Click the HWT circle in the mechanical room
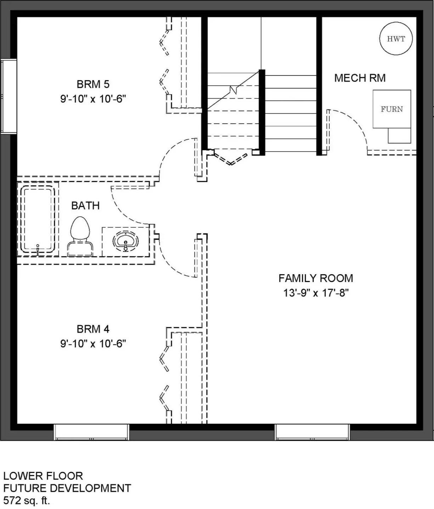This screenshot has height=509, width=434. pyautogui.click(x=396, y=39)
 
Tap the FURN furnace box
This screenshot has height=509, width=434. pyautogui.click(x=391, y=109)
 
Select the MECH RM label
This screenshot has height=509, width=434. pyautogui.click(x=360, y=78)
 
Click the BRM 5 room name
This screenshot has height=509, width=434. pyautogui.click(x=93, y=84)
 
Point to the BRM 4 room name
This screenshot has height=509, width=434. pyautogui.click(x=93, y=329)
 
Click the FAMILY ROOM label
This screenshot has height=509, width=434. pyautogui.click(x=316, y=278)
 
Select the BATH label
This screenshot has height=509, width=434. pyautogui.click(x=85, y=206)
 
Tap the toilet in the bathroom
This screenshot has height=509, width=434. pyautogui.click(x=80, y=236)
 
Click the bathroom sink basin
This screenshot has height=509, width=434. pyautogui.click(x=126, y=241)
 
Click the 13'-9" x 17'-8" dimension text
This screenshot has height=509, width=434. pyautogui.click(x=316, y=293)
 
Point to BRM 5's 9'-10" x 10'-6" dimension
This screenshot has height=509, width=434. pyautogui.click(x=93, y=99)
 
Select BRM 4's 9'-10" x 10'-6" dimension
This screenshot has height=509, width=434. pyautogui.click(x=93, y=344)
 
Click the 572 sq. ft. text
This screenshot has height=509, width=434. pyautogui.click(x=27, y=500)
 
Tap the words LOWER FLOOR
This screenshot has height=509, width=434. pyautogui.click(x=43, y=476)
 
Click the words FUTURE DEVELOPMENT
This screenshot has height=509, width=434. pyautogui.click(x=67, y=488)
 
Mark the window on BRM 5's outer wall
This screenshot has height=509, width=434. pyautogui.click(x=9, y=96)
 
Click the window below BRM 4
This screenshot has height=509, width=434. pyautogui.click(x=91, y=432)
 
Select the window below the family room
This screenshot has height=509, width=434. pyautogui.click(x=312, y=432)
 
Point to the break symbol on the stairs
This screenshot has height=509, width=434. pyautogui.click(x=233, y=90)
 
